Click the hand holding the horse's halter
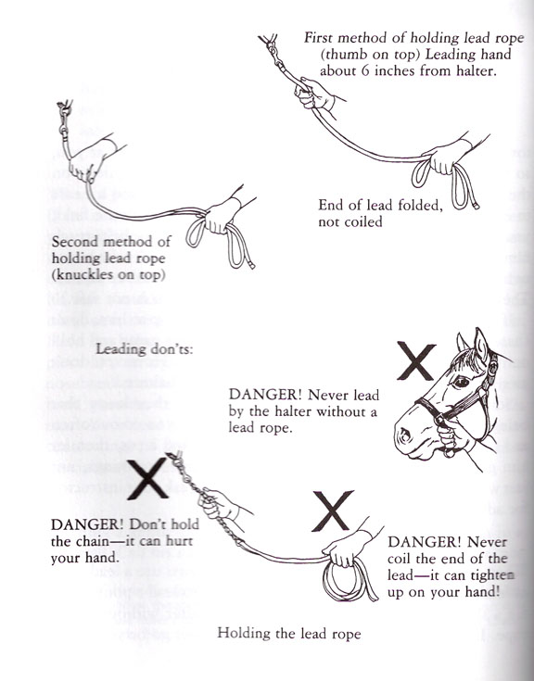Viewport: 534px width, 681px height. tap(451, 433)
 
